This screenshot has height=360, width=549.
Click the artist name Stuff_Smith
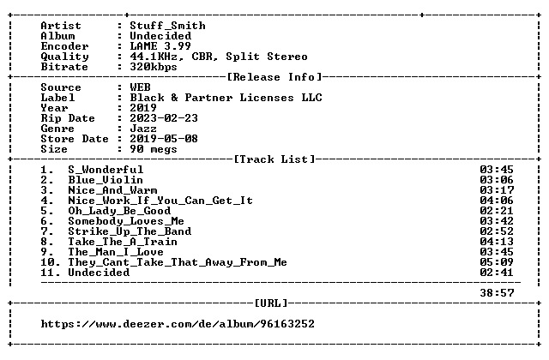pos(168,26)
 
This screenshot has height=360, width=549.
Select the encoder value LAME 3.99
pos(160,46)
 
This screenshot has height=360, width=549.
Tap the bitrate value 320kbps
pos(154,67)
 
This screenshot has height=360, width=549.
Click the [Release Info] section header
pos(274,77)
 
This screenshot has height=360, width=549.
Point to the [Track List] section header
pos(274,159)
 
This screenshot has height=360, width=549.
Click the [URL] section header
pos(271,303)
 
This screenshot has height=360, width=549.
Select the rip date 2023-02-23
pos(164,118)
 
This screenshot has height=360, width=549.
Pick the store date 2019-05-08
pos(164,139)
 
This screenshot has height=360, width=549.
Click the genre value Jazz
pos(143,129)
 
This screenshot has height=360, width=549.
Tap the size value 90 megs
pos(154,149)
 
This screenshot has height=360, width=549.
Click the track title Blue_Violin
pos(106,180)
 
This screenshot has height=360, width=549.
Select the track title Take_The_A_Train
pos(123,242)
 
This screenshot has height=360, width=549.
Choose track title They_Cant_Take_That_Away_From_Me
pos(178,262)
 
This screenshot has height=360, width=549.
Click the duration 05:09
pos(497,262)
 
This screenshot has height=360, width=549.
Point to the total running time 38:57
pos(497,293)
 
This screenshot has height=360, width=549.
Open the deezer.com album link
pos(178,324)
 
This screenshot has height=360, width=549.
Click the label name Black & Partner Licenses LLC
pos(226,98)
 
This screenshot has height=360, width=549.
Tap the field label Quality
pos(65,57)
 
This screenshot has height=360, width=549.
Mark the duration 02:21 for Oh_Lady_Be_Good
pos(497,211)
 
